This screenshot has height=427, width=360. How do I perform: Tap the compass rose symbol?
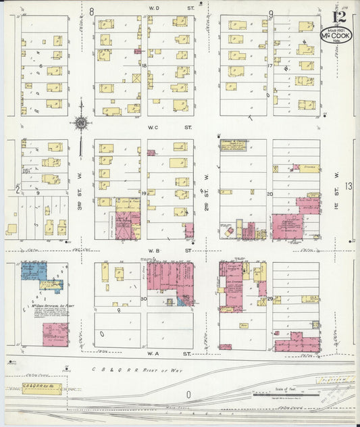81,123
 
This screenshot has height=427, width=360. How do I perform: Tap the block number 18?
144,65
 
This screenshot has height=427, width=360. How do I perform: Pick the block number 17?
269,66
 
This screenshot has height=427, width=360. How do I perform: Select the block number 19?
144,194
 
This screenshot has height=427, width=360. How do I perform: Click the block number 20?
269,194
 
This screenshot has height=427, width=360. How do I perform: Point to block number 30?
143,298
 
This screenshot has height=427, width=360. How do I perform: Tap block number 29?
269,298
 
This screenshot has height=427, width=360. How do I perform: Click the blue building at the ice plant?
34,272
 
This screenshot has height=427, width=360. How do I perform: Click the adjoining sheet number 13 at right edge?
349,186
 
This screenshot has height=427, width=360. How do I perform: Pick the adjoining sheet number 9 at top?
270,13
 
